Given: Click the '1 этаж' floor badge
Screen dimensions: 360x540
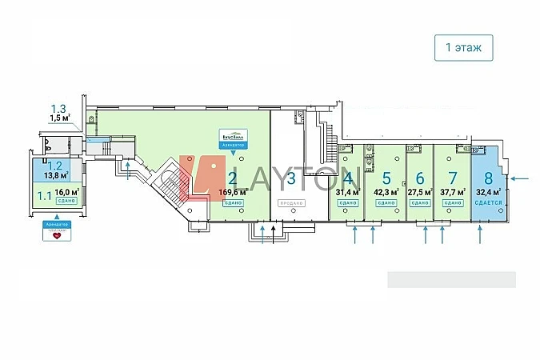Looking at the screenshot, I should pos(463,48).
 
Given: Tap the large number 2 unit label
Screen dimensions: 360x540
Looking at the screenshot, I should pos(232,178).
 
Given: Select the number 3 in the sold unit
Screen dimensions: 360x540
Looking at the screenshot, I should pos(292,178).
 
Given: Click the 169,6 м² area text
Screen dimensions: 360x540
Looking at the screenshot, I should pos(232,192).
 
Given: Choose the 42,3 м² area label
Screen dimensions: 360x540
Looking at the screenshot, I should pos(386,192).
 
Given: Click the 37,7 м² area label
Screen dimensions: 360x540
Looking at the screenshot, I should pos(453,192).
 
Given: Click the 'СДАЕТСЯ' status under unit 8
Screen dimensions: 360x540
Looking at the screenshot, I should pos(488,203).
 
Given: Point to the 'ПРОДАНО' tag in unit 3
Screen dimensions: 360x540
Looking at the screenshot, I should pos(292,203).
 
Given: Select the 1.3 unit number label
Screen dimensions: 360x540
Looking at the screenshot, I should pos(58,110).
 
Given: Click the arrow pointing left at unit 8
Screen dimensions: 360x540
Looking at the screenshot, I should pos(519,178).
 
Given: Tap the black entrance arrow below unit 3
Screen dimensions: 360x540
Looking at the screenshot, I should pos(273,234).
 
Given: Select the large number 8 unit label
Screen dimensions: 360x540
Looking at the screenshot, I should pos(488,178).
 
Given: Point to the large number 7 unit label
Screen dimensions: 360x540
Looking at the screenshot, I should pos(453,178).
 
